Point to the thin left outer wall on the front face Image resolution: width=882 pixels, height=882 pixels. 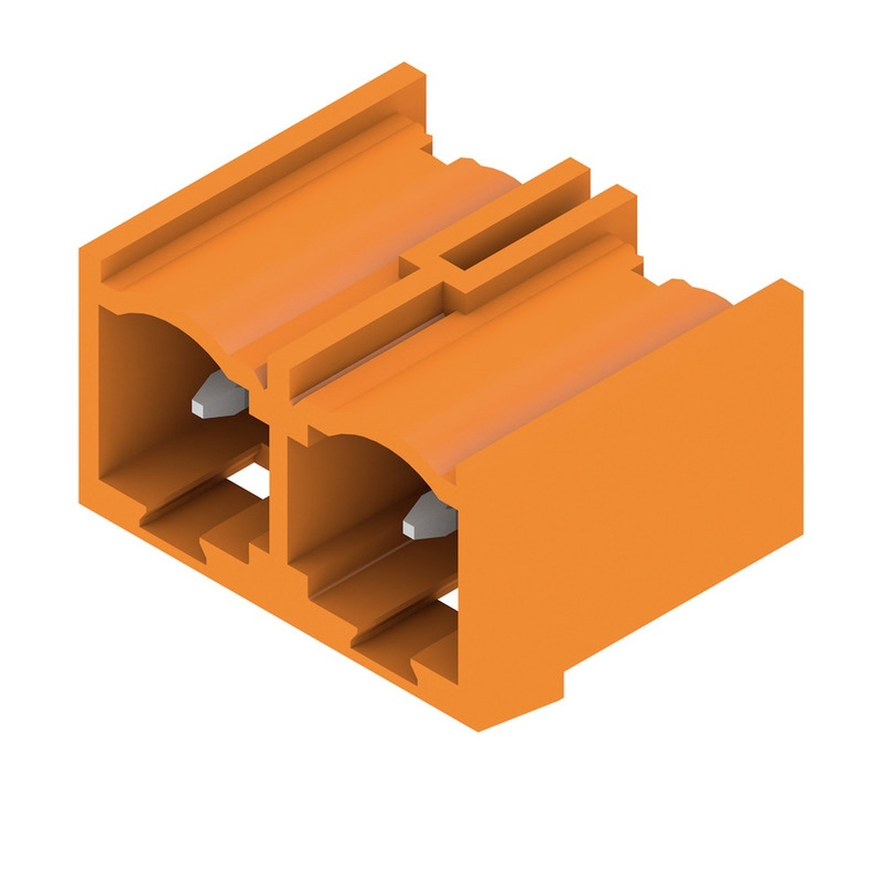point(88,397)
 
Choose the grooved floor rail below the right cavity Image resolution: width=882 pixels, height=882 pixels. point(388,644)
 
